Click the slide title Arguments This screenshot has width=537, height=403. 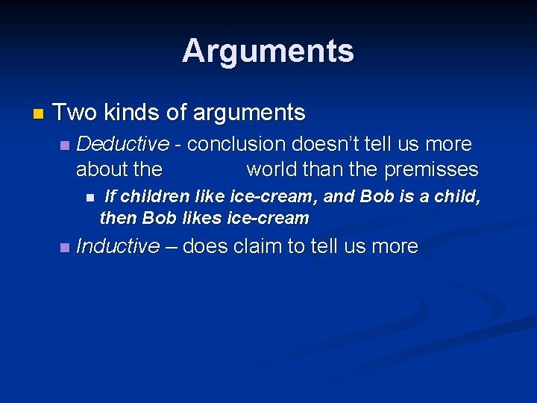pyautogui.click(x=268, y=51)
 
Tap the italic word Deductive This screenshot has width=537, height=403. pyautogui.click(x=122, y=143)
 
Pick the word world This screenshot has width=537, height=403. pyautogui.click(x=273, y=169)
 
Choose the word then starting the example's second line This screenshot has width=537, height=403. pyautogui.click(x=118, y=219)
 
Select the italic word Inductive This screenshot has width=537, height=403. pyautogui.click(x=118, y=246)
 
